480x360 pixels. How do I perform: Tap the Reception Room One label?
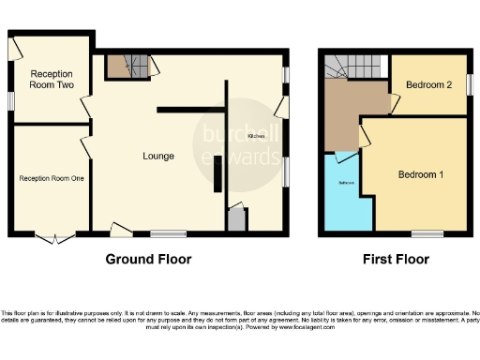(52, 177)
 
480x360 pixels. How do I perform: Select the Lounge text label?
(157, 156)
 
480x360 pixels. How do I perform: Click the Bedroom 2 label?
(428, 84)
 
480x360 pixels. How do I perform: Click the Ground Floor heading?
(147, 259)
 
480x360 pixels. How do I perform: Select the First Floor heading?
(397, 259)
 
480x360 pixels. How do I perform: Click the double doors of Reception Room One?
(58, 236)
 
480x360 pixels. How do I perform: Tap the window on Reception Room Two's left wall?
(11, 99)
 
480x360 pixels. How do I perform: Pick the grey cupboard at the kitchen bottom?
(235, 220)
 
